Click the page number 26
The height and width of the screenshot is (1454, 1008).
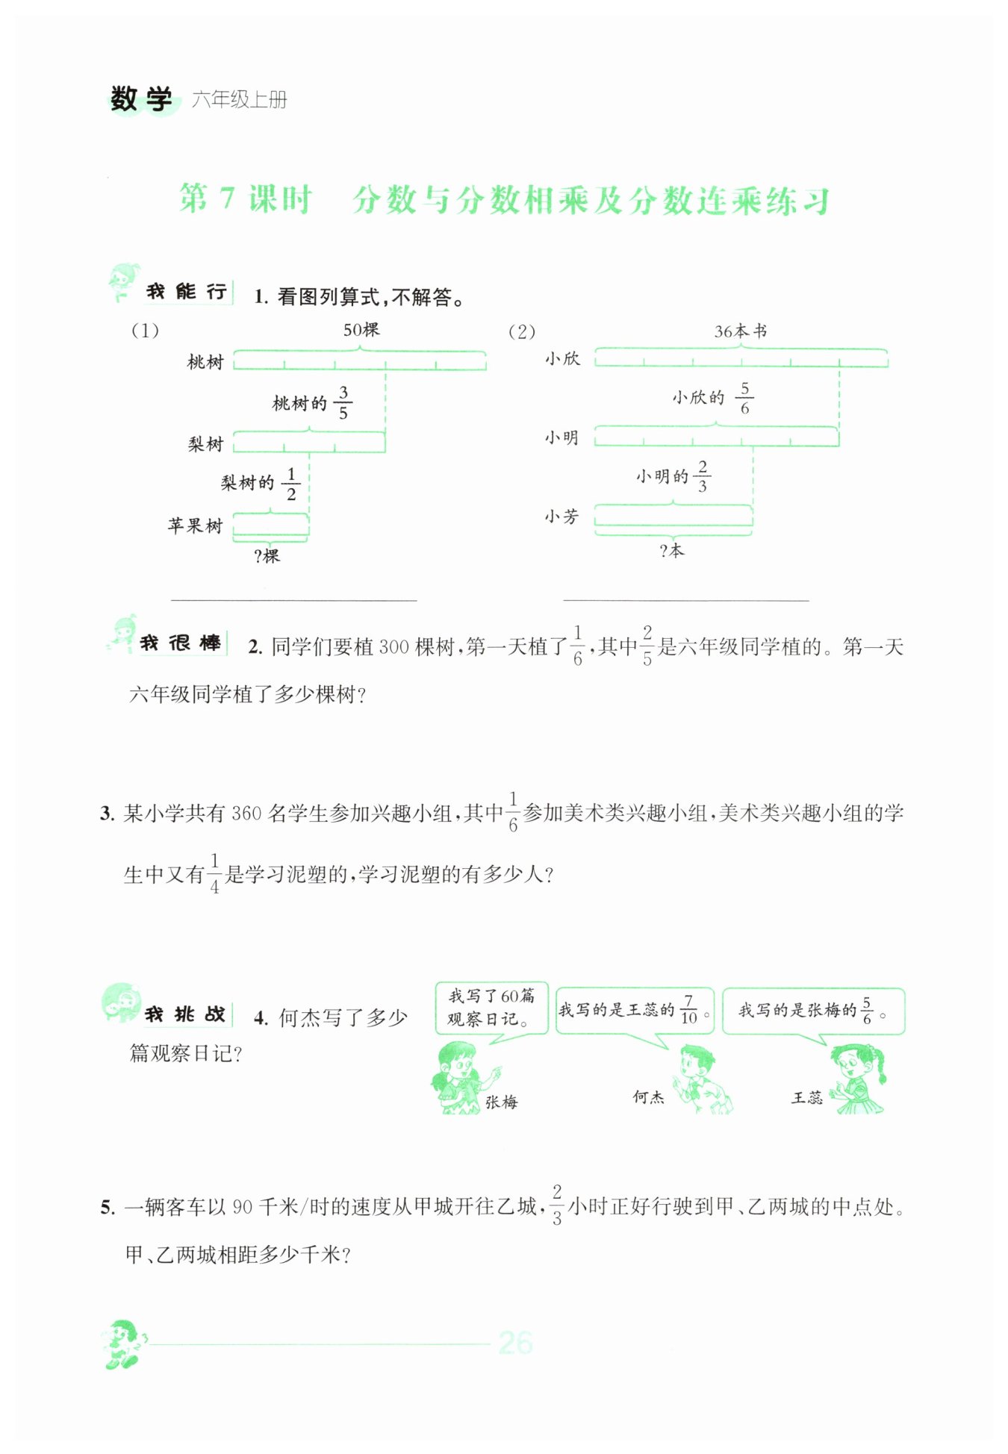(515, 1343)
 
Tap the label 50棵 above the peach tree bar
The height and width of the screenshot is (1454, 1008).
(361, 329)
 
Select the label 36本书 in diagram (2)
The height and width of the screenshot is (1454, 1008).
(740, 331)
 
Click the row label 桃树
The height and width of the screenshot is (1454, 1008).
(205, 363)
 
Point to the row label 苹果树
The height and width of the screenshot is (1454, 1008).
(196, 525)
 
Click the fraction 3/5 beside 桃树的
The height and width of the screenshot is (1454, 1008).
(343, 402)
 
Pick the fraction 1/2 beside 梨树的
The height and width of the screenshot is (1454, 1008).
(291, 484)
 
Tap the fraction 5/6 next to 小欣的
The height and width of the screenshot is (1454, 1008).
(744, 398)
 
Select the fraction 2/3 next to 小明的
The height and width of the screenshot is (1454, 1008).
(702, 476)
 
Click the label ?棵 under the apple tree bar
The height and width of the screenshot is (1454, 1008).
(267, 556)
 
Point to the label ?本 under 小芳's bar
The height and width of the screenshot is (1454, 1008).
(672, 551)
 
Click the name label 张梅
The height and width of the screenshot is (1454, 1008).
(501, 1102)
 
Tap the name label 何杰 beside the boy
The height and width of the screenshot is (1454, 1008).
(648, 1096)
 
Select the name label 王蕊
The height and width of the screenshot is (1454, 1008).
(806, 1097)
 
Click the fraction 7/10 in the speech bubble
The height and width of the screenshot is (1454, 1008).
(688, 1009)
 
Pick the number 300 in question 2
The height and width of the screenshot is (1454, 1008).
(394, 647)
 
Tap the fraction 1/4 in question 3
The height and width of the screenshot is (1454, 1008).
(215, 873)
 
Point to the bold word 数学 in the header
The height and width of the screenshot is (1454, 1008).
(141, 99)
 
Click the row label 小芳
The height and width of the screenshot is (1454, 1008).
(561, 517)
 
